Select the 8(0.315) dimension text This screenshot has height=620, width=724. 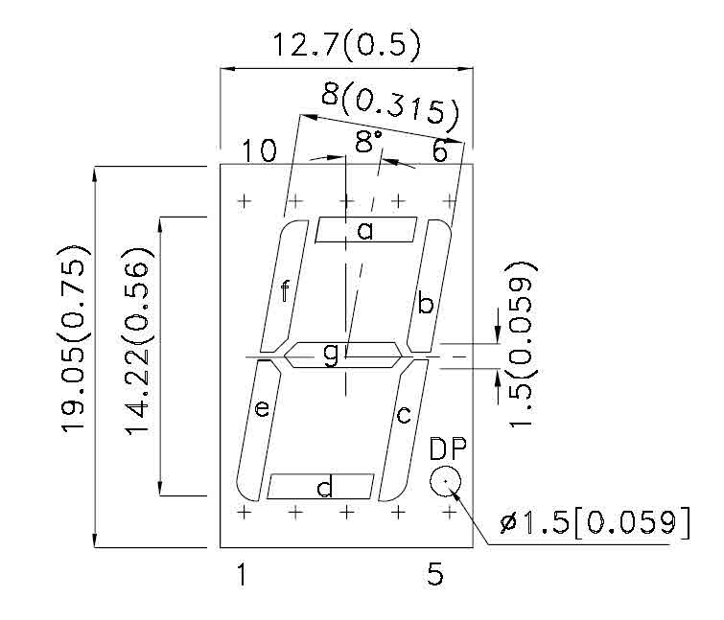(389, 103)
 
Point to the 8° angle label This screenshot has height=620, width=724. (368, 143)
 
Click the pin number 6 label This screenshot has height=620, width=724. (439, 150)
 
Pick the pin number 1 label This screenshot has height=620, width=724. (243, 575)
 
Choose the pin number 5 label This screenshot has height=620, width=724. (435, 575)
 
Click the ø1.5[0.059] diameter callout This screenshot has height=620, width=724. (595, 523)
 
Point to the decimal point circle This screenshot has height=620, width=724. (445, 482)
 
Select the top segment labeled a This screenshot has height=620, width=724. (365, 230)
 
